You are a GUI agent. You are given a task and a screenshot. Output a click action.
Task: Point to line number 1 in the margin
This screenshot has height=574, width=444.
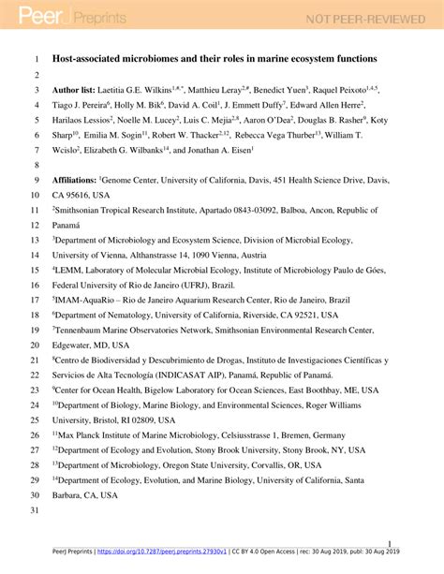tap(35, 58)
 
